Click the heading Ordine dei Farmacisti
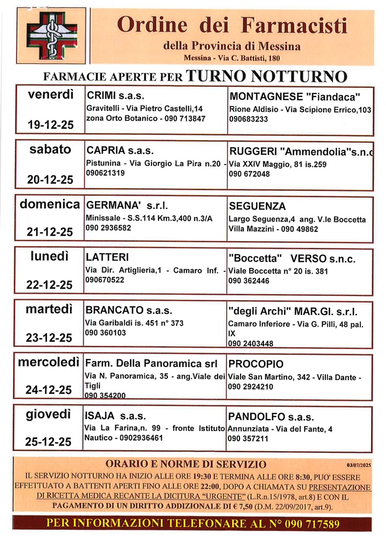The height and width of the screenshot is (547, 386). (232, 26)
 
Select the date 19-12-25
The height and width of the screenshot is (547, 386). (50, 125)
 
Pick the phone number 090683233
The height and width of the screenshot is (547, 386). (249, 119)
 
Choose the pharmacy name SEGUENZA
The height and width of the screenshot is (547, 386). (257, 207)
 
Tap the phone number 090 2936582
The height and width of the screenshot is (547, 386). (108, 228)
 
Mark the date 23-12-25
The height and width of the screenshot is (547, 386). (50, 338)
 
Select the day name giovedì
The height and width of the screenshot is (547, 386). (50, 415)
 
